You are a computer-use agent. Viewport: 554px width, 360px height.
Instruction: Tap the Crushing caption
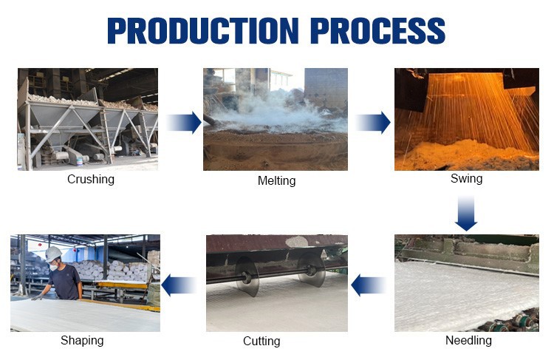[x=90, y=179]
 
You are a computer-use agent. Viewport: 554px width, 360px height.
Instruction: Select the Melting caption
[x=276, y=180]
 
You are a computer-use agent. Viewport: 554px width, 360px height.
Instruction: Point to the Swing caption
[x=467, y=178]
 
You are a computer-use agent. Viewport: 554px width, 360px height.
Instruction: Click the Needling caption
[x=468, y=341]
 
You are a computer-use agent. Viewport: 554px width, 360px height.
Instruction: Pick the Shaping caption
[x=82, y=341]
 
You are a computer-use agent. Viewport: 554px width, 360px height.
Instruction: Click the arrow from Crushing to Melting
[x=183, y=122]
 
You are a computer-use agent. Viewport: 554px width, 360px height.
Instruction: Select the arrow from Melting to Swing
[x=373, y=122]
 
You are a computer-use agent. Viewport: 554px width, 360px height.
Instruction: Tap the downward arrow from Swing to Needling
[x=466, y=214]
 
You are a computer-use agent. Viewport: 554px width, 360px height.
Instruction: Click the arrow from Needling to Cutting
[x=369, y=285]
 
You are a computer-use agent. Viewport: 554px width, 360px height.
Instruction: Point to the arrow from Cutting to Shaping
[x=179, y=285]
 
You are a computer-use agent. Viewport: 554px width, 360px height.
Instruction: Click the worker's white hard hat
[x=53, y=254]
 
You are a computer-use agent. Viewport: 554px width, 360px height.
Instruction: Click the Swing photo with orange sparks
[x=466, y=119]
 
